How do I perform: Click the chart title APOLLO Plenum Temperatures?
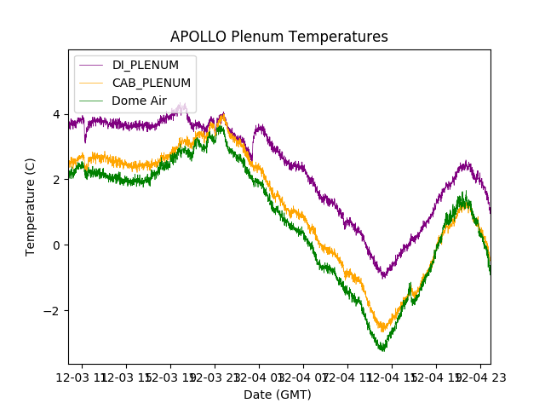(x=279, y=37)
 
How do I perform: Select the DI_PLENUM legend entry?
(x=145, y=65)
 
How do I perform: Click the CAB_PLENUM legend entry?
(x=151, y=83)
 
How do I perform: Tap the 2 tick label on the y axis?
(x=55, y=180)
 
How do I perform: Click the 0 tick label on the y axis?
(x=55, y=245)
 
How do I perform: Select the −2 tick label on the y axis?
(x=52, y=311)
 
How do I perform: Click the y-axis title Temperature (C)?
(x=31, y=207)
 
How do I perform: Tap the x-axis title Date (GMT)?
(x=278, y=395)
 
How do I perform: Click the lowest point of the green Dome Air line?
(x=382, y=349)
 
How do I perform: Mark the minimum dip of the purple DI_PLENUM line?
(x=384, y=276)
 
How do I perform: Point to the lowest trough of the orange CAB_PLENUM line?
(x=383, y=331)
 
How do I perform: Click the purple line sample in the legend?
(x=90, y=65)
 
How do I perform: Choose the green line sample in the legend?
(x=90, y=101)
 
